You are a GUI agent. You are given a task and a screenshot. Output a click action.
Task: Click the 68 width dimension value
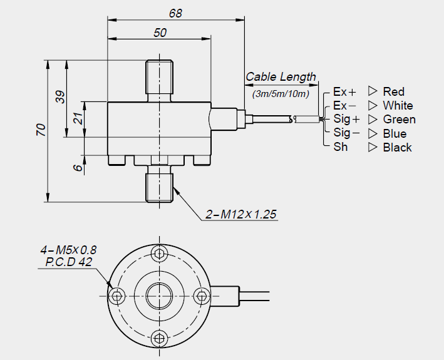[176, 13]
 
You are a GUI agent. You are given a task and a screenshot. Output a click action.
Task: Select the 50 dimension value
[160, 33]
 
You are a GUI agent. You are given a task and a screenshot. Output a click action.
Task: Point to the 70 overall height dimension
[41, 130]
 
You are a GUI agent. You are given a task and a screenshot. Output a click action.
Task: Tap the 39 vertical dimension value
[60, 97]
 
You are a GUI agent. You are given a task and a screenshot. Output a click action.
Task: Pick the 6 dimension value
[78, 168]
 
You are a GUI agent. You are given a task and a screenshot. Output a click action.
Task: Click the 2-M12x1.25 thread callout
[241, 214]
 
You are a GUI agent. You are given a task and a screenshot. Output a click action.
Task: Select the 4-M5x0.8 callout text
[69, 251]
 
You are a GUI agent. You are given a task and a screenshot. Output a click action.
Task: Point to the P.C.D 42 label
[69, 262]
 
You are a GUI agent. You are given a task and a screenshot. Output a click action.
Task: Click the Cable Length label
[281, 77]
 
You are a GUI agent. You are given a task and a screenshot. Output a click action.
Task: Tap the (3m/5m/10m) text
[281, 94]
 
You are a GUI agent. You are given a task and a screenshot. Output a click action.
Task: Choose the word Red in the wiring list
[394, 91]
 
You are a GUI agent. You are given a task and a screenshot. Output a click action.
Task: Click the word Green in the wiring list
[399, 120]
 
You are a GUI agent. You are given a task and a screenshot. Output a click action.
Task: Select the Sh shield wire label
[340, 147]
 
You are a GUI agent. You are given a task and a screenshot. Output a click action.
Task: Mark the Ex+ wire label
[344, 91]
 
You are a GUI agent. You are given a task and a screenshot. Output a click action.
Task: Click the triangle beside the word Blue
[373, 133]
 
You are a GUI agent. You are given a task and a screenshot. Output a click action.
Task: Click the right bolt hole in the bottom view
[200, 296]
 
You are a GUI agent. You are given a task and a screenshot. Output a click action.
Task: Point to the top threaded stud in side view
[159, 80]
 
